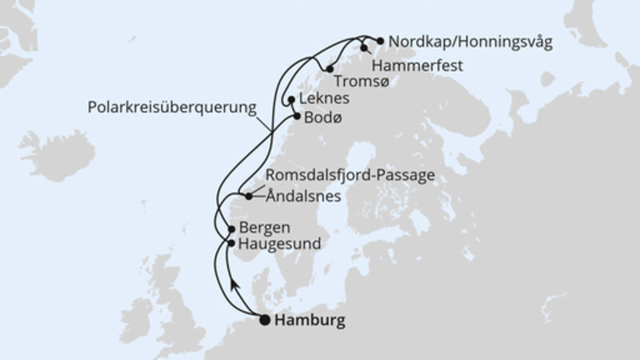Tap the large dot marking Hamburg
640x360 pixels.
pyautogui.click(x=265, y=321)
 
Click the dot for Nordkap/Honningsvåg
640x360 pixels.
pyautogui.click(x=380, y=39)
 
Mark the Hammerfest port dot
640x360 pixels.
pyautogui.click(x=364, y=48)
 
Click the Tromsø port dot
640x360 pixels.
pyautogui.click(x=330, y=70)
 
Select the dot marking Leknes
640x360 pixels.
pyautogui.click(x=290, y=101)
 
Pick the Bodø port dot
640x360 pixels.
pyautogui.click(x=297, y=117)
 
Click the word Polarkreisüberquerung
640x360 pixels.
pyautogui.click(x=171, y=106)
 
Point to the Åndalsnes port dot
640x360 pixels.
pyautogui.click(x=249, y=196)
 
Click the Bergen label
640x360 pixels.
pyautogui.click(x=260, y=227)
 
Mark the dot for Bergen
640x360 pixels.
pyautogui.click(x=232, y=228)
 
